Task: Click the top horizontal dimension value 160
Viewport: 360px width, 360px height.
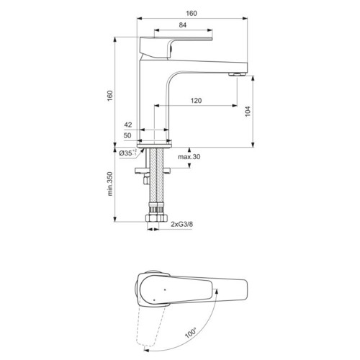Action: tap(192, 13)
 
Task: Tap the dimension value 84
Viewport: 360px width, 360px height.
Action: tap(183, 25)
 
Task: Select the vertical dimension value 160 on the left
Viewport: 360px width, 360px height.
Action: tap(109, 96)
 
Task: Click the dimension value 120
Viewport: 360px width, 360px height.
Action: tap(196, 101)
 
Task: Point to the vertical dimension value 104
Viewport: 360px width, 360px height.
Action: tap(248, 112)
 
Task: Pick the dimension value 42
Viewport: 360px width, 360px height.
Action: tap(128, 125)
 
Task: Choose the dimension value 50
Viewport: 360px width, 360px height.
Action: tap(127, 135)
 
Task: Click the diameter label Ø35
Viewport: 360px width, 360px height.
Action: tap(125, 153)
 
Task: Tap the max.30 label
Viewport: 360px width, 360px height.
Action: tap(189, 157)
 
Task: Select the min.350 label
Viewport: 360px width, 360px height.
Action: tap(109, 184)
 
